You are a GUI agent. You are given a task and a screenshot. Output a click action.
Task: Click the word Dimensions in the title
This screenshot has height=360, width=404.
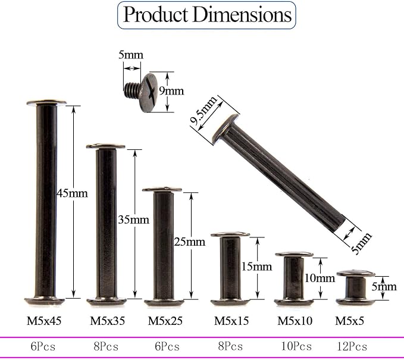pyautogui.click(x=242, y=14)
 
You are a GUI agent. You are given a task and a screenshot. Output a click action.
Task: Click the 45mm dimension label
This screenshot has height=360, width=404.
pyautogui.click(x=72, y=193)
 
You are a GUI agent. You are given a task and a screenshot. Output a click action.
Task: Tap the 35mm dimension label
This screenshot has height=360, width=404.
pyautogui.click(x=133, y=220)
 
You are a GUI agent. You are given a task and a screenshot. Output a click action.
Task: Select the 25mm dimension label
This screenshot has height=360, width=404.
pyautogui.click(x=190, y=242)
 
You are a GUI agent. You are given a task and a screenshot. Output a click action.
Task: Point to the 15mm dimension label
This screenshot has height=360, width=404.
pyautogui.click(x=256, y=267)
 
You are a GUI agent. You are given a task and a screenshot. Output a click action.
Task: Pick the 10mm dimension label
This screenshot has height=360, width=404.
pyautogui.click(x=320, y=278)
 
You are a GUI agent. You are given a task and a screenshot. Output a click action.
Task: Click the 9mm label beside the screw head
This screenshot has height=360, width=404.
pyautogui.click(x=171, y=90)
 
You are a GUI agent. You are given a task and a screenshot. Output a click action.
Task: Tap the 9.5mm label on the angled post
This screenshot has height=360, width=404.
pyautogui.click(x=203, y=111)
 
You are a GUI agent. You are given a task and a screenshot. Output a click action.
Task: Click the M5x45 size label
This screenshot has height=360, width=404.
pyautogui.click(x=44, y=321)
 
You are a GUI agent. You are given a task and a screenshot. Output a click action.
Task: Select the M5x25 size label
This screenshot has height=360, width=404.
pyautogui.click(x=165, y=321)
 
